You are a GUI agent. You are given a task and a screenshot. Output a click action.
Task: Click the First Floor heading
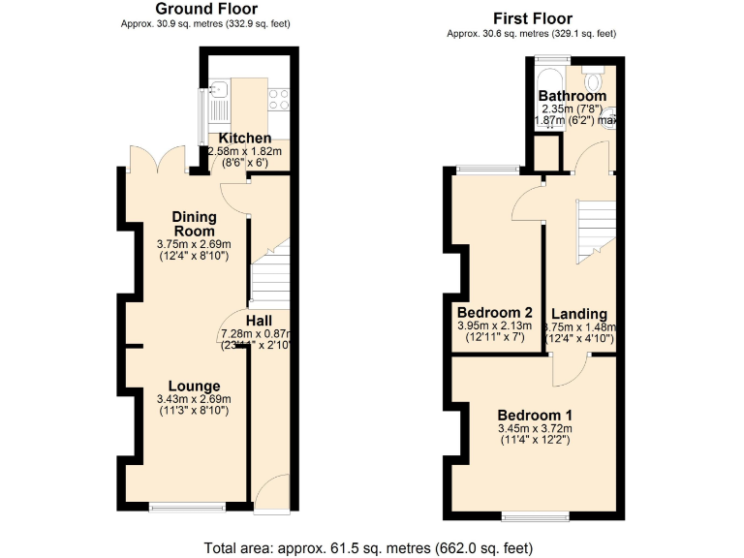(532, 18)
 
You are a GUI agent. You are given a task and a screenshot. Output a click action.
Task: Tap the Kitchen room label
(245, 139)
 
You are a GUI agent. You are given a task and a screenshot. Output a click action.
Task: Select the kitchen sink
(219, 93)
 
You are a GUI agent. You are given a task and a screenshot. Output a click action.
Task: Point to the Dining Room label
(194, 223)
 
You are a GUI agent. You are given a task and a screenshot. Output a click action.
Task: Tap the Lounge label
(193, 386)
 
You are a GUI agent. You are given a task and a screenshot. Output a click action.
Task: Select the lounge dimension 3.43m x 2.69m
(193, 399)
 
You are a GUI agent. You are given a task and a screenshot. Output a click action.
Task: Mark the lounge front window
(187, 506)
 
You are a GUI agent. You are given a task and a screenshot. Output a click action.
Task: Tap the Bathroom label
(573, 96)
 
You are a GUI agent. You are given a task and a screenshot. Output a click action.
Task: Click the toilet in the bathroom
(595, 72)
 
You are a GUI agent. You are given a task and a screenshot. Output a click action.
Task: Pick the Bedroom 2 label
(495, 313)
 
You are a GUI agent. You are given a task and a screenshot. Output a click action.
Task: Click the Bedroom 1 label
(535, 414)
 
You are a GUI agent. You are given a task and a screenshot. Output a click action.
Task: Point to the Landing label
(579, 314)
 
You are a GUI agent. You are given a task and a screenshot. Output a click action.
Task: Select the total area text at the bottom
(371, 547)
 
